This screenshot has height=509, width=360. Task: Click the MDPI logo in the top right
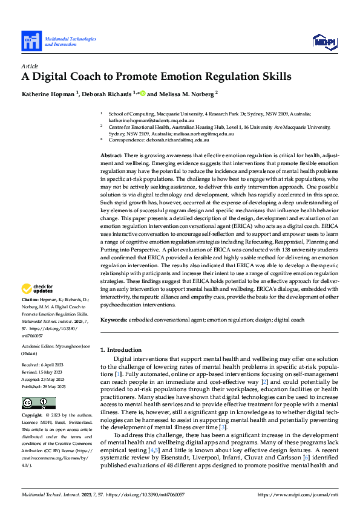tap(324, 41)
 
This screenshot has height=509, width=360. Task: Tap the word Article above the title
tap(30, 65)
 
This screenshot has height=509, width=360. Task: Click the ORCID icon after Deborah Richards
tap(143, 94)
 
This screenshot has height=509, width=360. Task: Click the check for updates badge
tap(38, 289)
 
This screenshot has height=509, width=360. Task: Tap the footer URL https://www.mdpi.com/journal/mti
tap(298, 494)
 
